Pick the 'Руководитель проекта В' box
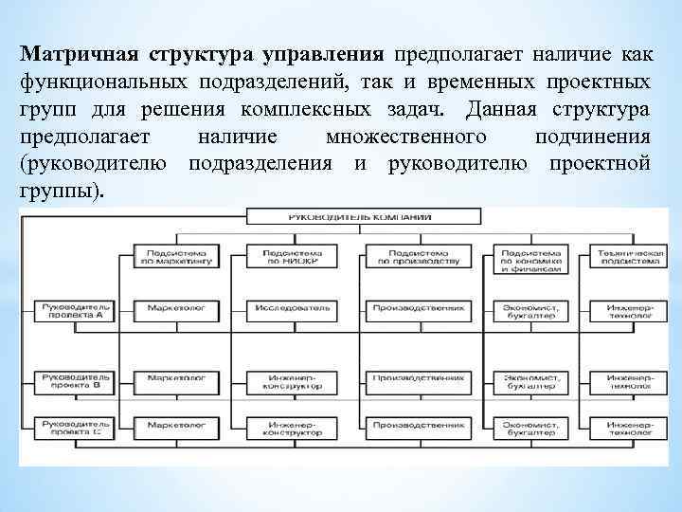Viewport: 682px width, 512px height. [72, 381]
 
